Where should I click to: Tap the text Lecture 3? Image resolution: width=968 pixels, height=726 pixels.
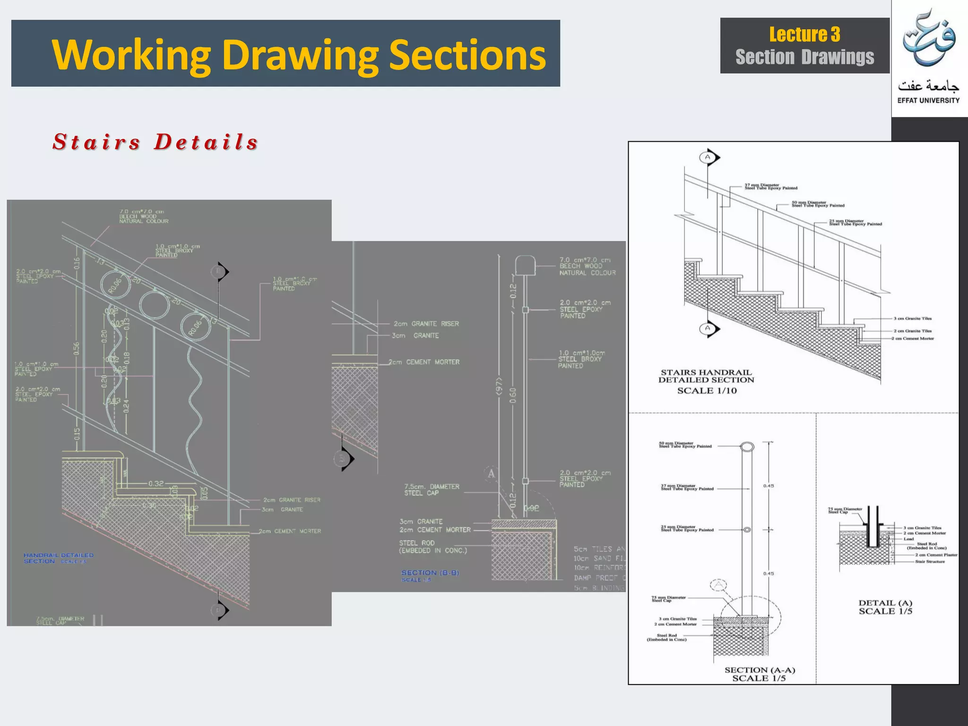tap(804, 35)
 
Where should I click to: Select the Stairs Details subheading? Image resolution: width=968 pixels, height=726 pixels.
tap(156, 142)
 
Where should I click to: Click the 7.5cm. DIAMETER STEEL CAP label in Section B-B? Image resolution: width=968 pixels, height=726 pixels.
tap(432, 490)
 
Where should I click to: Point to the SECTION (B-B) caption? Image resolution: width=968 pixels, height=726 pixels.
tap(430, 573)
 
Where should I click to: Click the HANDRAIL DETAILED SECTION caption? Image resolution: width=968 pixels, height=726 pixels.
tap(58, 558)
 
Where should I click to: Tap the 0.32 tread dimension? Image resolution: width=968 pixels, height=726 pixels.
tap(156, 484)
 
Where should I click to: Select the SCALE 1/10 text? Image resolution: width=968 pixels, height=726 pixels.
tap(707, 391)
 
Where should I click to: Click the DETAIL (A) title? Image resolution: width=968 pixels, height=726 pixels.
tap(885, 603)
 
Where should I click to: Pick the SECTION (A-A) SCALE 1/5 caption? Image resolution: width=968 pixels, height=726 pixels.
tap(760, 674)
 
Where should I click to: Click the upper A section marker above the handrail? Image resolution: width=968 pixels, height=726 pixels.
tap(709, 157)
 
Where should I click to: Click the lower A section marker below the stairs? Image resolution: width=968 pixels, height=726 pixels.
tap(709, 328)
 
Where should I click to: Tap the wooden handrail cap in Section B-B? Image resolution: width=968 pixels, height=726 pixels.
tap(525, 265)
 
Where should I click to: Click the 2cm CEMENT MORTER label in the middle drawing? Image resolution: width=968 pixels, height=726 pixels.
tap(424, 362)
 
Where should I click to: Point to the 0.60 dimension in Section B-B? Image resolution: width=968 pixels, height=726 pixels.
tap(513, 395)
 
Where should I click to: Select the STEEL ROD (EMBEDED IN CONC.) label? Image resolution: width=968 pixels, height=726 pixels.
tap(432, 547)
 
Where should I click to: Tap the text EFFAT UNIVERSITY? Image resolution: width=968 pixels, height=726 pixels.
tap(928, 100)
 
